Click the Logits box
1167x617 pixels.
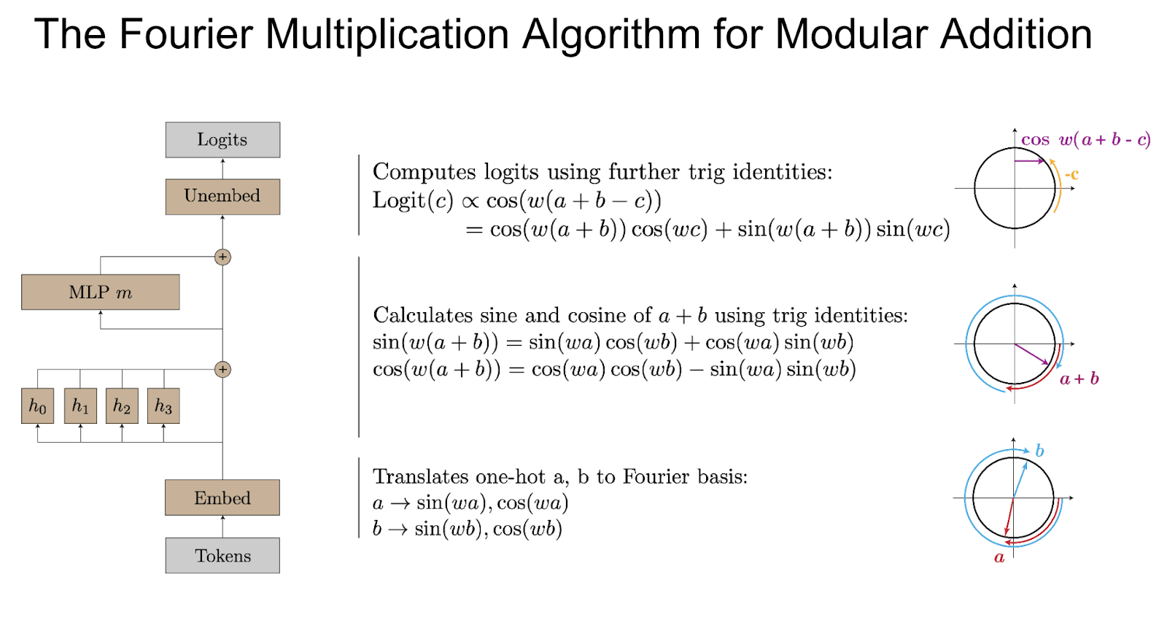pos(222,139)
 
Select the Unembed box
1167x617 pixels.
pos(222,196)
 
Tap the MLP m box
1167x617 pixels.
pos(101,292)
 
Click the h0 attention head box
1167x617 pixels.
pos(37,405)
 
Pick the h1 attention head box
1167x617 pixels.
pos(80,405)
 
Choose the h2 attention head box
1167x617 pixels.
pos(122,405)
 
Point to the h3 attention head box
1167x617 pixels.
pos(163,405)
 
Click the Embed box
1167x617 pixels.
pos(222,497)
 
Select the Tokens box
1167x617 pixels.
pos(222,556)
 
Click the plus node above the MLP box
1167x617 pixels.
pos(222,257)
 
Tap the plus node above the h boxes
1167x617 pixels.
pos(222,370)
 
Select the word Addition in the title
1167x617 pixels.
pos(1016,34)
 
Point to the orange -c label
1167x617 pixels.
pos(1071,174)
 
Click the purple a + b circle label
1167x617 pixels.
pos(1079,379)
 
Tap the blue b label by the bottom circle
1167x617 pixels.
pos(1039,451)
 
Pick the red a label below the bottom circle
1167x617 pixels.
pos(999,558)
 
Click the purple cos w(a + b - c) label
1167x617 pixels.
pos(1086,139)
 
